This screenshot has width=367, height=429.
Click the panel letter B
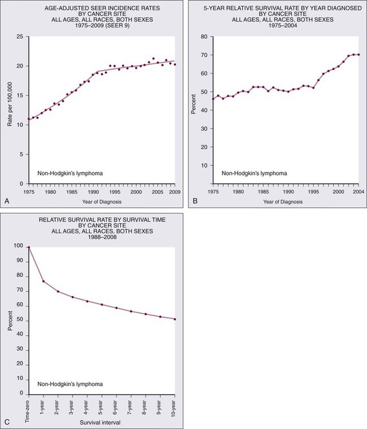[x=195, y=201]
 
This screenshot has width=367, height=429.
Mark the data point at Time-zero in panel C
[x=29, y=247]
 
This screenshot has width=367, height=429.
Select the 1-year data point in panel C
[x=44, y=281]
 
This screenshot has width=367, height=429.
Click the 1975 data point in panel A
[x=29, y=119]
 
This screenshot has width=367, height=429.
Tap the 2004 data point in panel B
[x=359, y=54]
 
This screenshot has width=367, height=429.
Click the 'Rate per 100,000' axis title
[x=10, y=110]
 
